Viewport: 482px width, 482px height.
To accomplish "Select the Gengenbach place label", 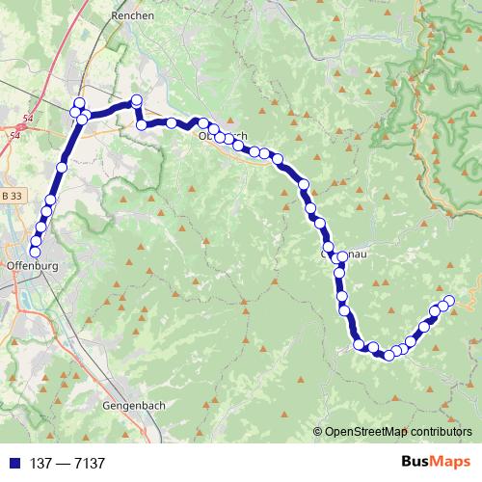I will click(x=131, y=406).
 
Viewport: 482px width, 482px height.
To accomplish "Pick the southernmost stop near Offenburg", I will click(x=36, y=253).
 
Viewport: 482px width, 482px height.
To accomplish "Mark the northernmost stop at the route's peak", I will click(x=137, y=99).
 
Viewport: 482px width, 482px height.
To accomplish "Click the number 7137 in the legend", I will click(x=88, y=464).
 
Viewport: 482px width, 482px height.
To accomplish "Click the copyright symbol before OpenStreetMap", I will click(x=318, y=431).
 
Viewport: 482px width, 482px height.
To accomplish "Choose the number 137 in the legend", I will click(x=40, y=464).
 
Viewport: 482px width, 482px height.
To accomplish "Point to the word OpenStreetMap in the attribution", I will click(x=363, y=431).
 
